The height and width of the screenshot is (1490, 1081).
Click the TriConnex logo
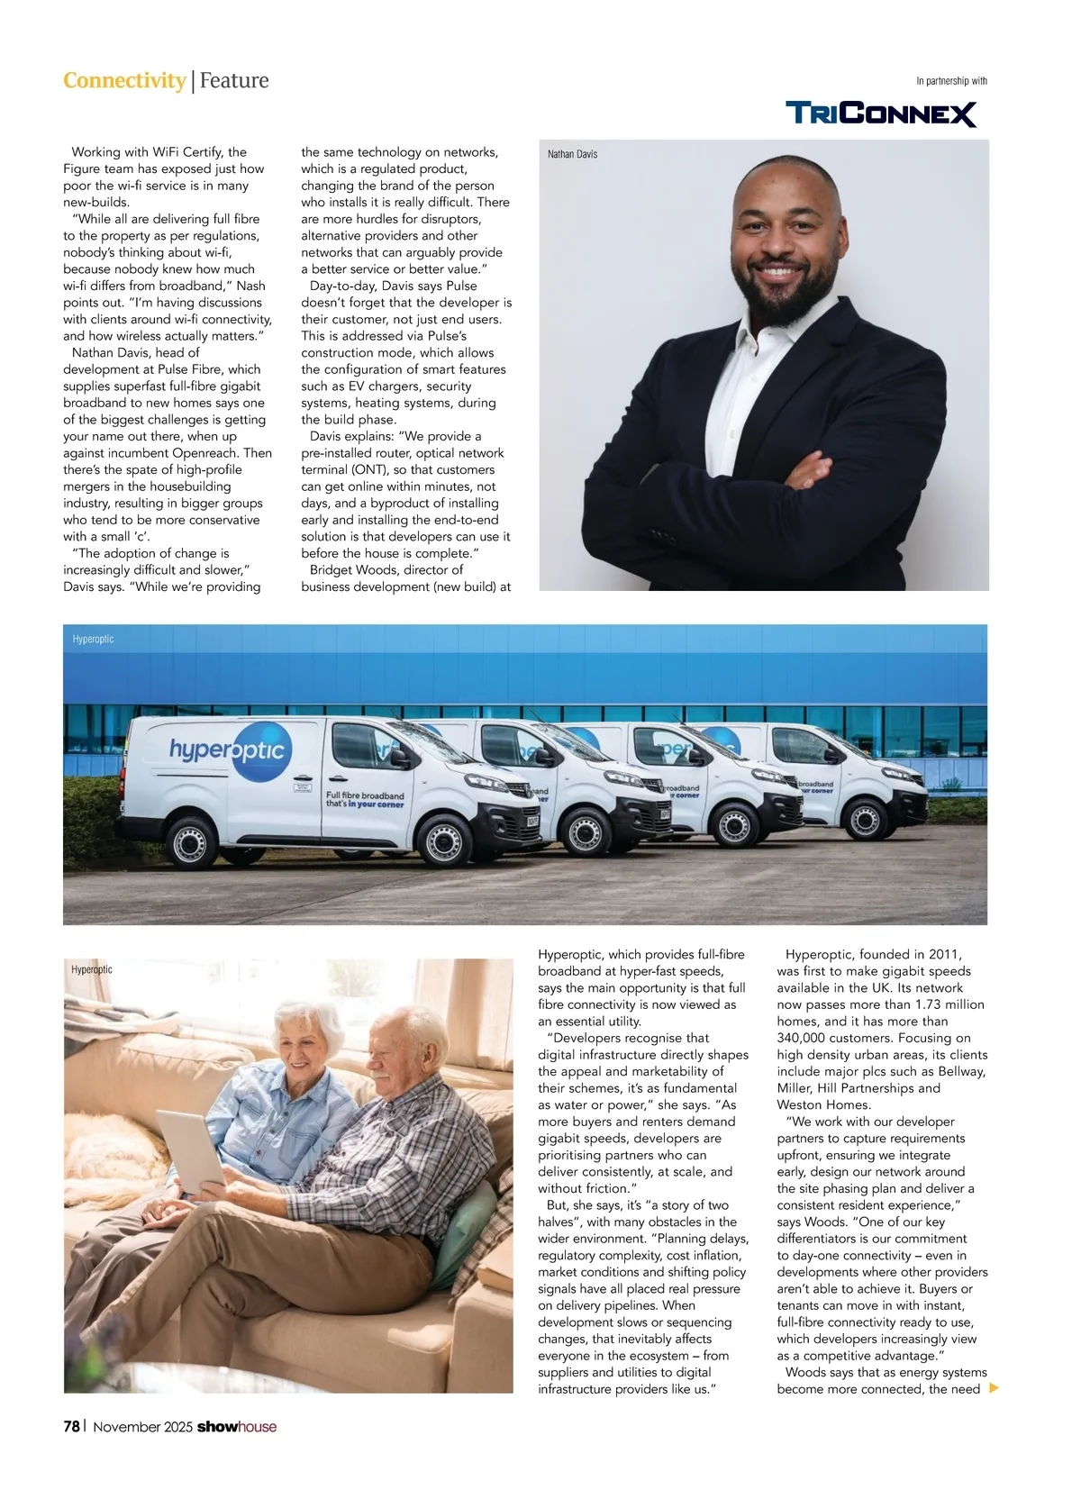click(x=881, y=114)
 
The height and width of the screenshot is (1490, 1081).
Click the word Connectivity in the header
click(x=124, y=80)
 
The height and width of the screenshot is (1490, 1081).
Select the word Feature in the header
click(x=234, y=80)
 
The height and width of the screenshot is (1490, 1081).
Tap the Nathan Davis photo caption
click(x=572, y=154)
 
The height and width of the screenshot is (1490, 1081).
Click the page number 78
click(x=71, y=1426)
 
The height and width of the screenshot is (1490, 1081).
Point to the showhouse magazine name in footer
click(x=237, y=1426)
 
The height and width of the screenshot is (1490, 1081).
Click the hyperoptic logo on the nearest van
click(x=231, y=750)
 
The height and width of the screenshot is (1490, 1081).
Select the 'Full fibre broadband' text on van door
click(x=365, y=796)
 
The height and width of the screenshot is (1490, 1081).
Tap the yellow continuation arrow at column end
click(x=995, y=1388)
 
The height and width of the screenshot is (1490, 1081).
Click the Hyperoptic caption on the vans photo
click(x=93, y=639)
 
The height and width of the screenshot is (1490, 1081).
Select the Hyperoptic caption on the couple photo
click(x=92, y=969)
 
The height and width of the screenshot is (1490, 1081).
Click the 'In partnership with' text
click(x=951, y=81)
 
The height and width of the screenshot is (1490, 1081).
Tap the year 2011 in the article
click(x=943, y=954)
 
